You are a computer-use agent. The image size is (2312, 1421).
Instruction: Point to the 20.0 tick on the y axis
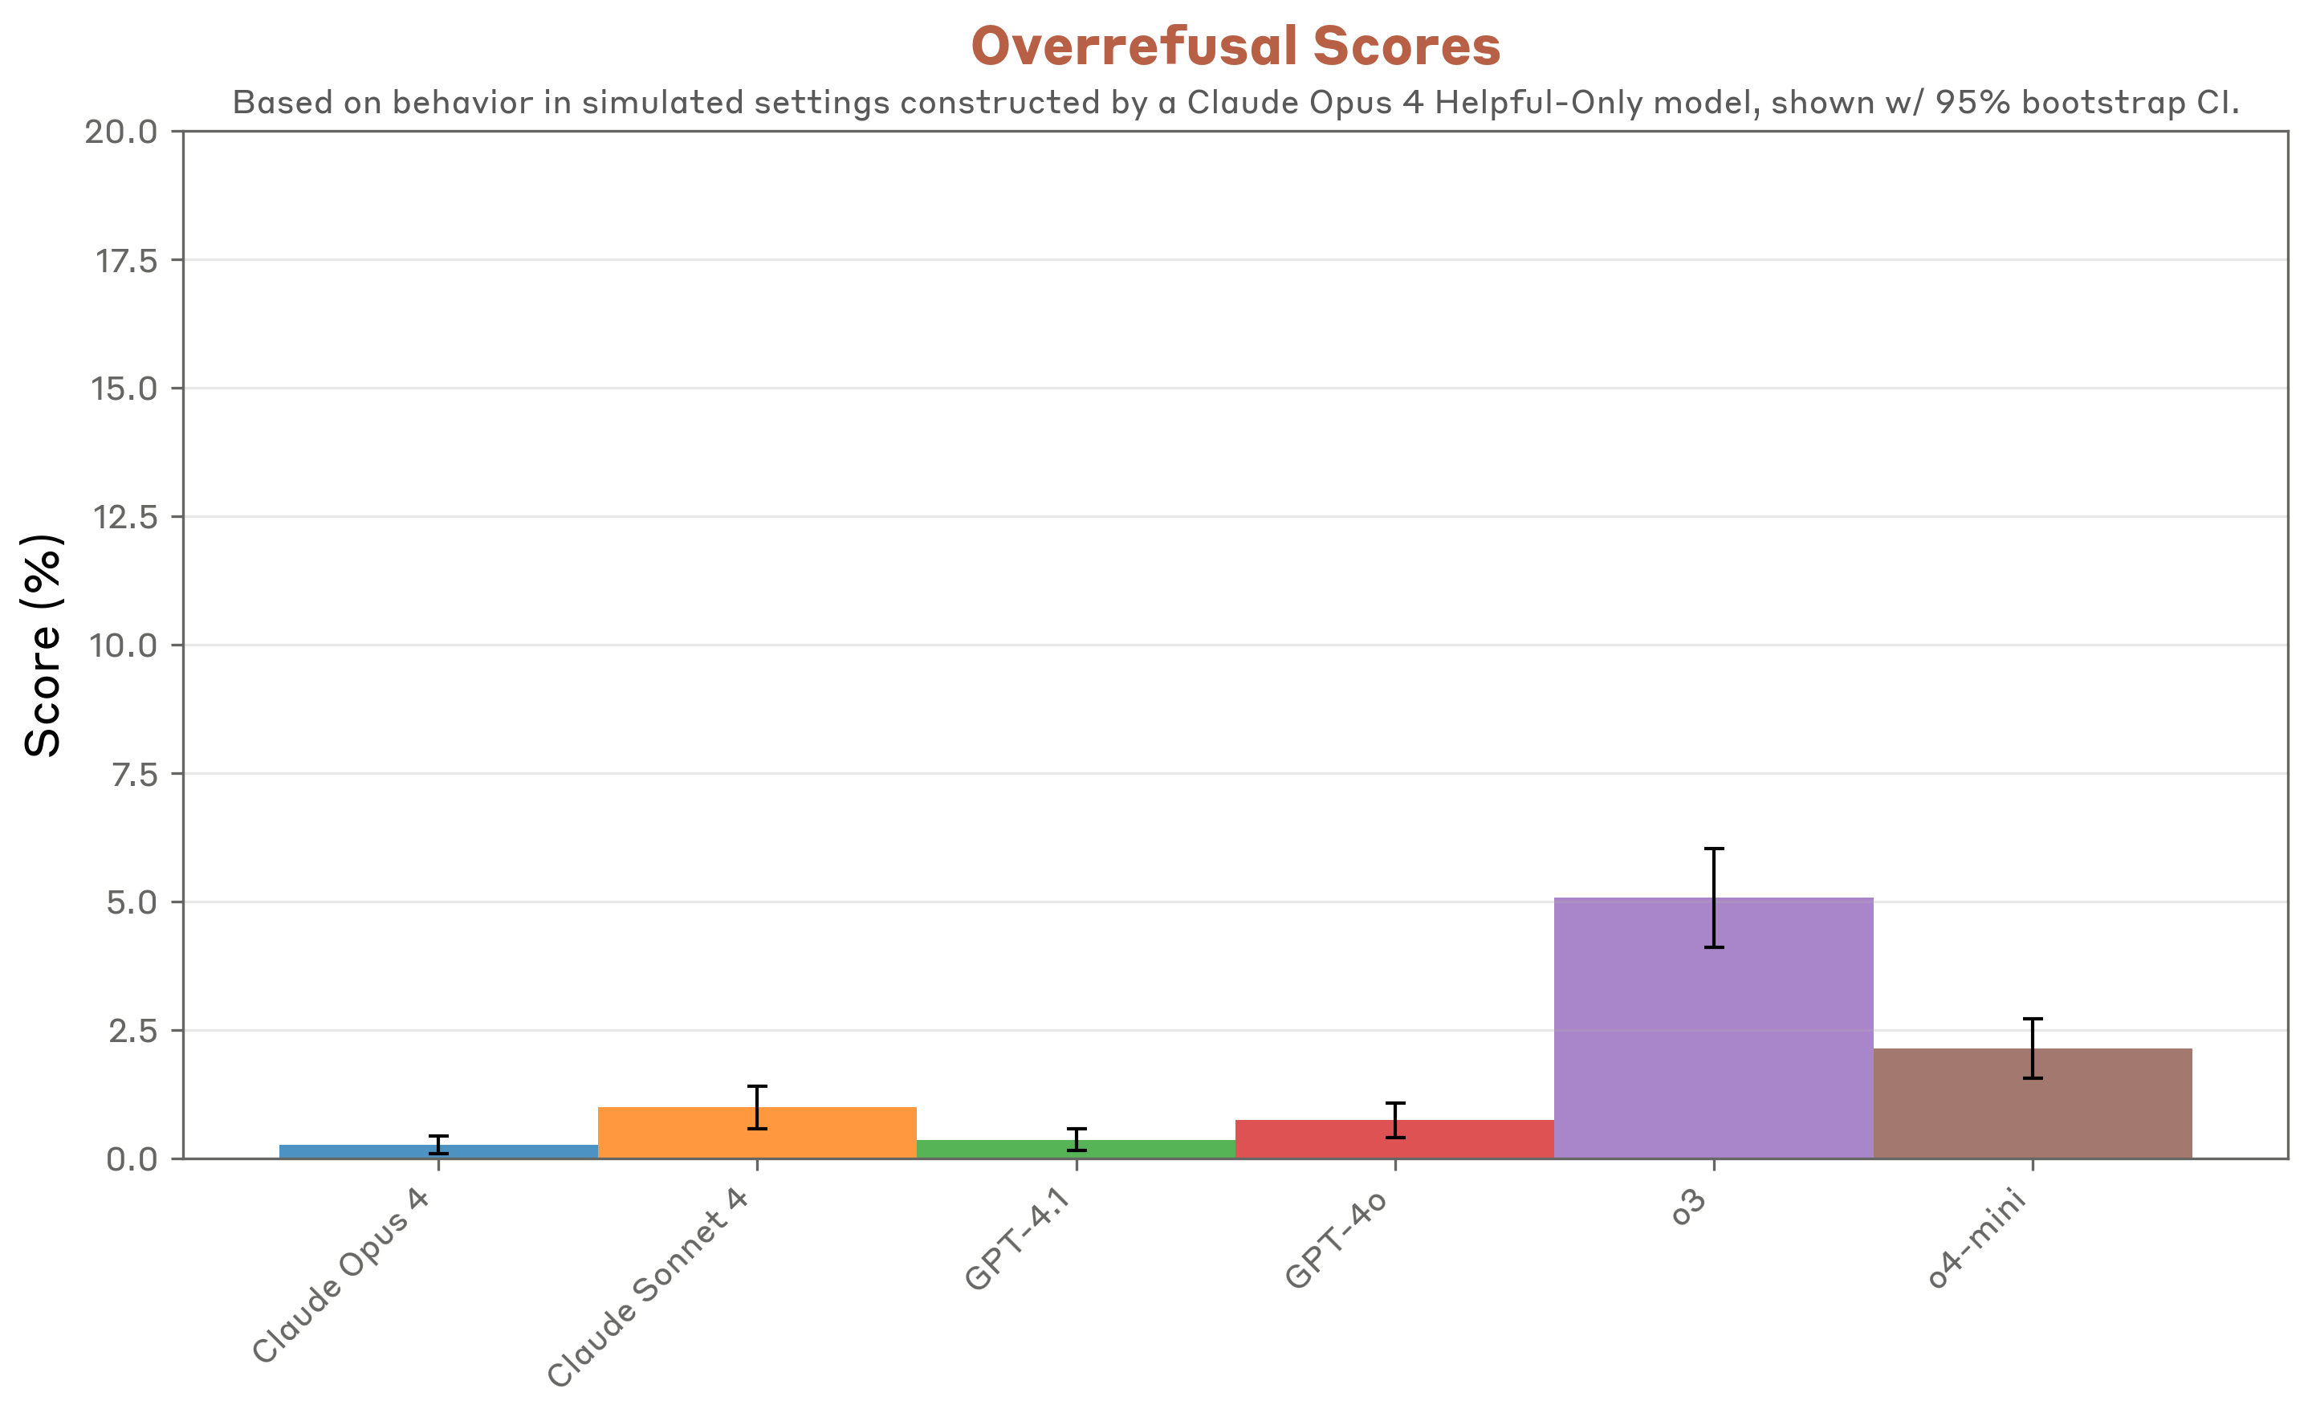click(121, 132)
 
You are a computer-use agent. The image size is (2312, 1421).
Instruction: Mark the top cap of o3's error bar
click(1714, 849)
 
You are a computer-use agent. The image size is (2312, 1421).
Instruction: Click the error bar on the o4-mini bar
click(2032, 1048)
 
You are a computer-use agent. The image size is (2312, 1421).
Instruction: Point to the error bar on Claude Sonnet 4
click(757, 1107)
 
